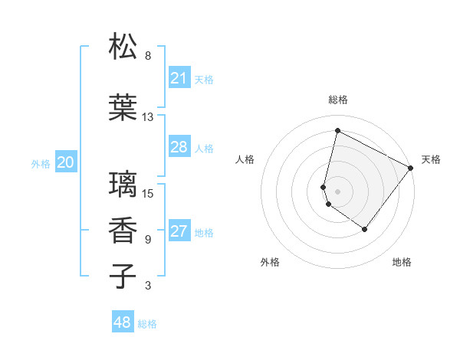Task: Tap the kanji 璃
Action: click(123, 184)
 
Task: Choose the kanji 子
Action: click(123, 275)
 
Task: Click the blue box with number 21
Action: click(179, 78)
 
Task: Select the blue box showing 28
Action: click(179, 147)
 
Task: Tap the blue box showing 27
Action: click(179, 232)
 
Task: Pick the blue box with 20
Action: click(66, 162)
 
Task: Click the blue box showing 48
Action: click(123, 322)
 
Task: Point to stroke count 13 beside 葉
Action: click(148, 117)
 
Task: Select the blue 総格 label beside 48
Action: click(147, 324)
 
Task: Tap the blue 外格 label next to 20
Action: click(41, 163)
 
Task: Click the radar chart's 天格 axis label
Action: click(431, 159)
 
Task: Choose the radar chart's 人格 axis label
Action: click(245, 159)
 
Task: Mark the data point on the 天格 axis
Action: click(411, 168)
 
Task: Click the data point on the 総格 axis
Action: click(337, 131)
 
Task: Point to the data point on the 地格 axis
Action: click(365, 229)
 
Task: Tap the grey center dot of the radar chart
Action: click(337, 191)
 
